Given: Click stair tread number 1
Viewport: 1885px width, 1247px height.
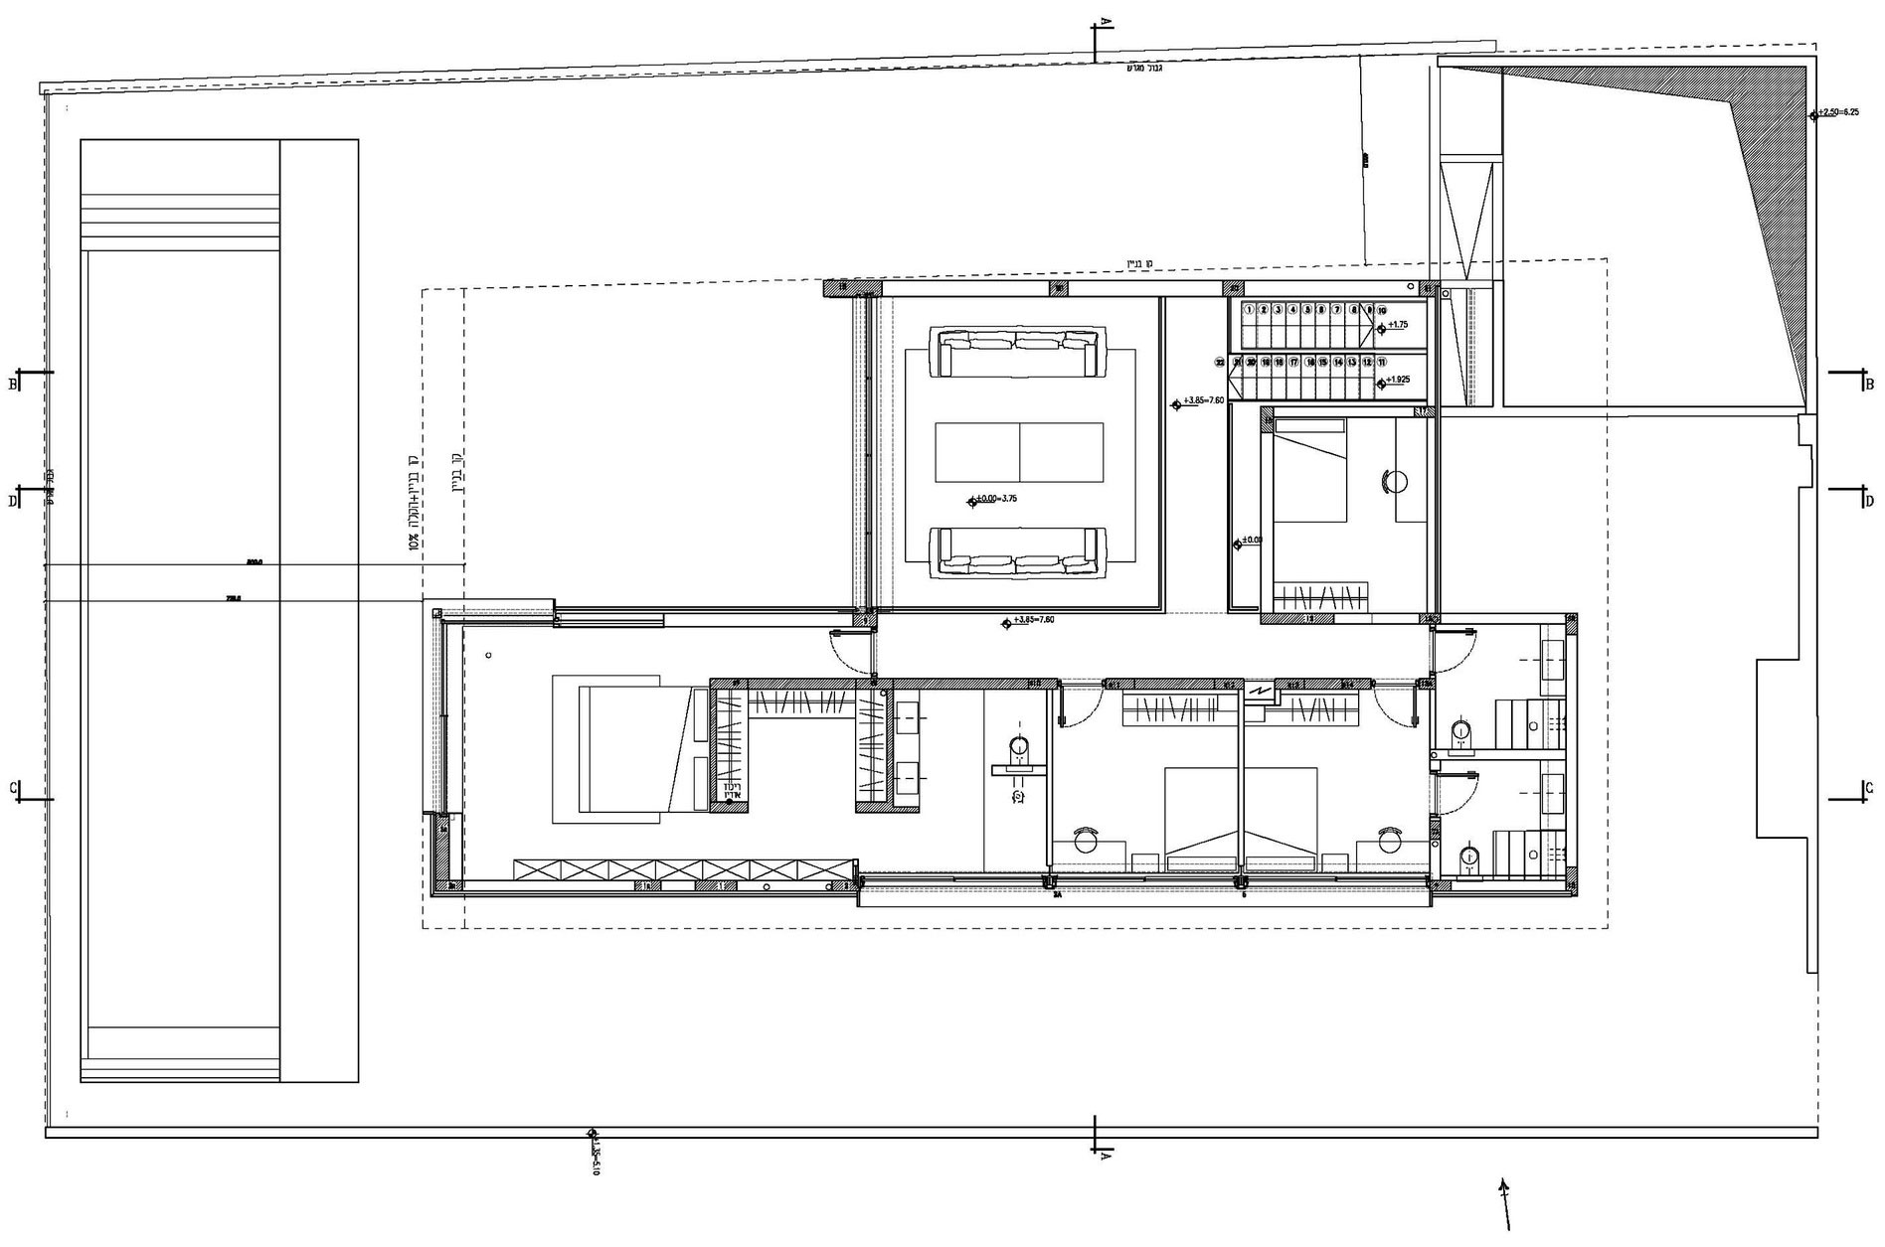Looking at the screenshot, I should tap(1249, 310).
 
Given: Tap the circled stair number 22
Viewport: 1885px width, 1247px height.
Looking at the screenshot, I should tap(1220, 363).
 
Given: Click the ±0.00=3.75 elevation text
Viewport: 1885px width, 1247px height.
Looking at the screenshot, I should tap(996, 499).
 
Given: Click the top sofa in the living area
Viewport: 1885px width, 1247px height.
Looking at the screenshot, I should tap(1018, 353).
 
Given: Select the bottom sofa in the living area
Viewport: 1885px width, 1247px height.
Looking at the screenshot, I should tap(1018, 552).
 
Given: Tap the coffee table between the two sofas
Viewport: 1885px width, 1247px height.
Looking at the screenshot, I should tap(1019, 452).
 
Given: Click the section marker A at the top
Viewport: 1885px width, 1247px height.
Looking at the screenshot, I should tap(1104, 22).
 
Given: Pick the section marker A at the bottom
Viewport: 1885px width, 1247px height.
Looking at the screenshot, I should tap(1104, 1156).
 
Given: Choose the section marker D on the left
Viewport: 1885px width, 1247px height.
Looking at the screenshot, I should tap(13, 501).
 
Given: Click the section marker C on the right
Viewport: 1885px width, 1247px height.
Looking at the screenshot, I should tap(1869, 787).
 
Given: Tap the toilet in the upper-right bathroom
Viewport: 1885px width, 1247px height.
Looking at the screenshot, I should tap(1460, 732).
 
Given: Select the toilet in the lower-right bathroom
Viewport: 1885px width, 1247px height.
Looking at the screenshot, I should tap(1468, 857).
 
